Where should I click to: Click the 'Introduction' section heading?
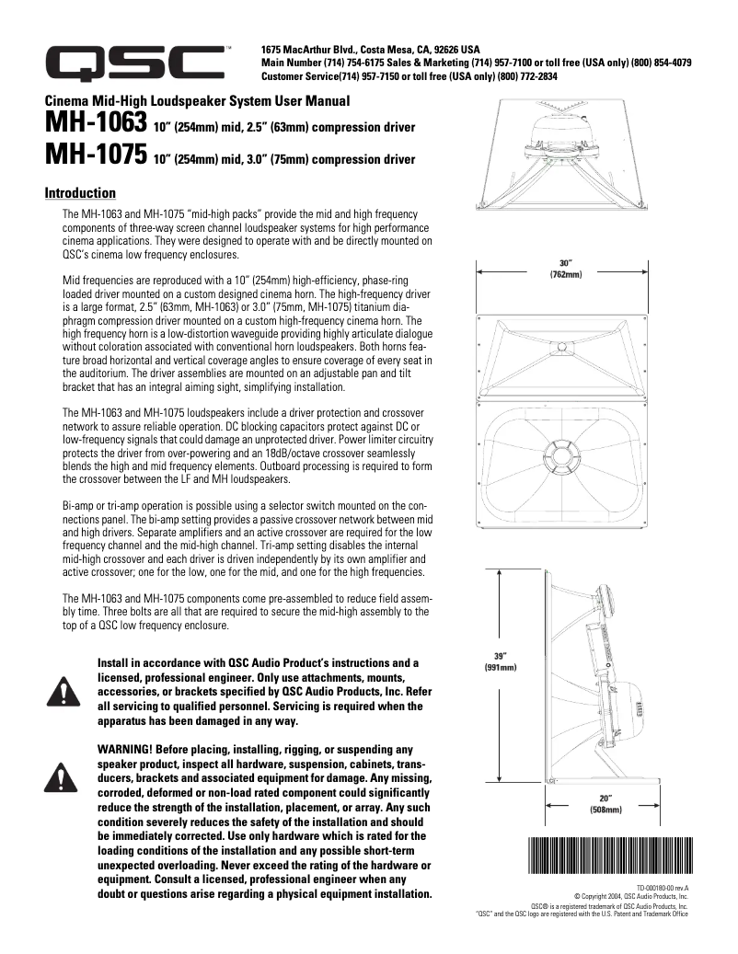click(80, 193)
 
